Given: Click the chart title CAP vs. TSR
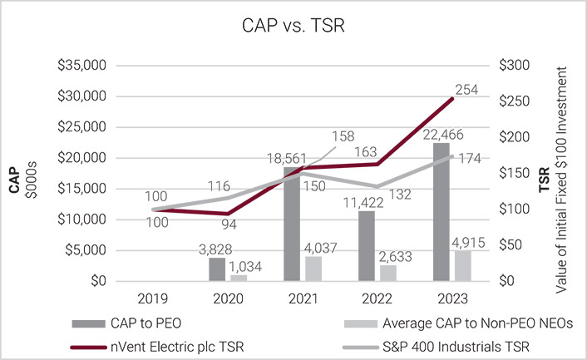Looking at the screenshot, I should [x=293, y=27].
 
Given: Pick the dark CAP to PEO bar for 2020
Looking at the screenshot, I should [x=216, y=269].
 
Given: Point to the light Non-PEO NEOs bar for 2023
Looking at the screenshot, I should [x=464, y=265].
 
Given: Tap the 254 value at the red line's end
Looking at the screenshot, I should [x=466, y=90].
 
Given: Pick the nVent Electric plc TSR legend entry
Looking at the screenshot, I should [x=175, y=341].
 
